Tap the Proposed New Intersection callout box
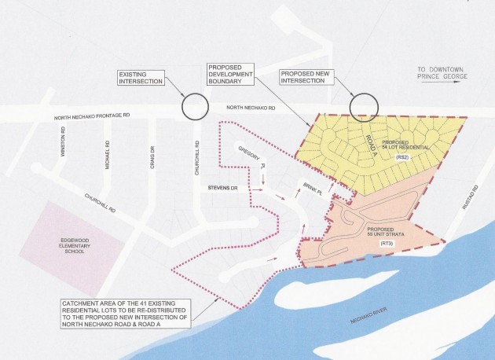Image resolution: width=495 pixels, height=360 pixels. [302, 78]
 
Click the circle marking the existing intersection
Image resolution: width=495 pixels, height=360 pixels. [193, 106]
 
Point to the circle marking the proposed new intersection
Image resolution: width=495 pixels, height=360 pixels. [362, 107]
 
